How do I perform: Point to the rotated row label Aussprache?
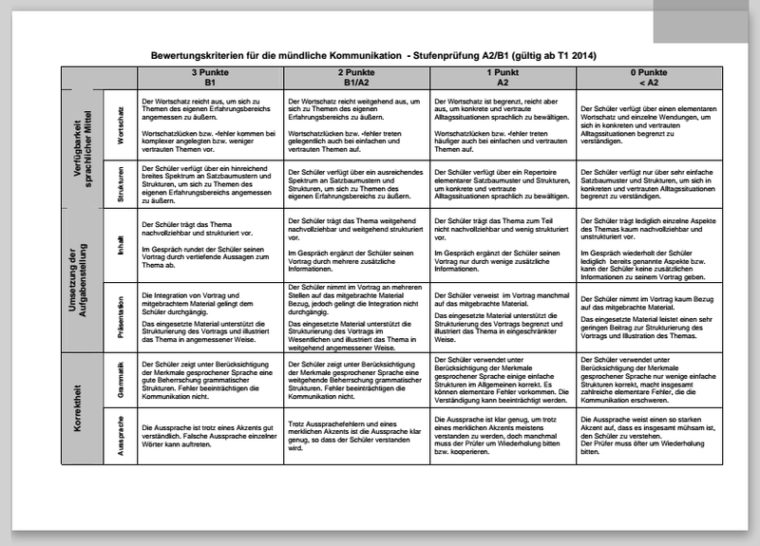pyautogui.click(x=121, y=439)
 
